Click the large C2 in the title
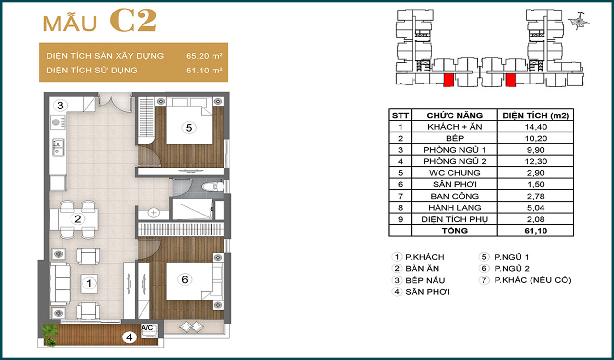pyautogui.click(x=133, y=20)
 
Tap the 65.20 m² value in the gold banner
pyautogui.click(x=204, y=56)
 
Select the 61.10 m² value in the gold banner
pyautogui.click(x=204, y=70)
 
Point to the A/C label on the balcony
pyautogui.click(x=147, y=328)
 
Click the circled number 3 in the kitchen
pyautogui.click(x=60, y=105)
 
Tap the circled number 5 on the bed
pyautogui.click(x=189, y=128)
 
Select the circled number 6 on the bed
pyautogui.click(x=185, y=279)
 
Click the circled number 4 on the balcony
pyautogui.click(x=130, y=337)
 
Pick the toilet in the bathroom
pyautogui.click(x=213, y=187)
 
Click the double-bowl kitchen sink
pyautogui.click(x=58, y=147)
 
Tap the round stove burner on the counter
pyautogui.click(x=57, y=122)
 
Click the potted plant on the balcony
pyautogui.click(x=50, y=335)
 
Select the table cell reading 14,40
pyautogui.click(x=536, y=127)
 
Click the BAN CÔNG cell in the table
pyautogui.click(x=454, y=196)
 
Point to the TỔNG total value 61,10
pyautogui.click(x=536, y=231)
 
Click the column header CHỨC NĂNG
pyautogui.click(x=454, y=115)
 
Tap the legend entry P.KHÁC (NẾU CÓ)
pyautogui.click(x=532, y=280)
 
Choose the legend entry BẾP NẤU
pyautogui.click(x=425, y=280)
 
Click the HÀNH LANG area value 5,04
pyautogui.click(x=536, y=208)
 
